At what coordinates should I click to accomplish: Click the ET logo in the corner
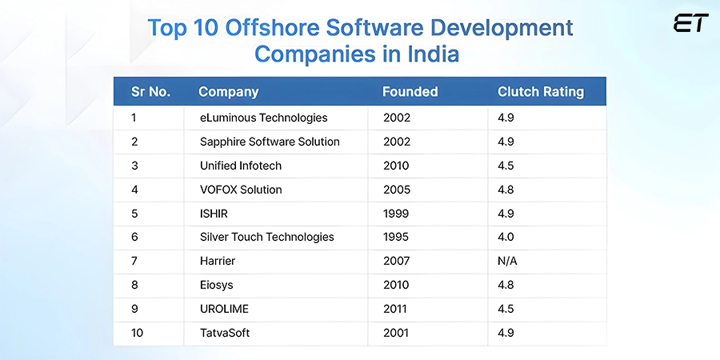point(690,23)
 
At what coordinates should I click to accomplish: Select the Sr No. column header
point(150,91)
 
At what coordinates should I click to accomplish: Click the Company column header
point(228,91)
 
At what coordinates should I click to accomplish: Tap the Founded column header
point(410,91)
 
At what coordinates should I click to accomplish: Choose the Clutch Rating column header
point(540,91)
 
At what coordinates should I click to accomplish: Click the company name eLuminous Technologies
point(263,118)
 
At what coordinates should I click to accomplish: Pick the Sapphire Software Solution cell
point(270,142)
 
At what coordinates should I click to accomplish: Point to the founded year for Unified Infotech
point(396,166)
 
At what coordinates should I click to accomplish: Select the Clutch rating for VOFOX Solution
point(506,190)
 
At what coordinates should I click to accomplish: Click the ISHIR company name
point(215,214)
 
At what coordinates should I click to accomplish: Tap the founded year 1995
point(396,237)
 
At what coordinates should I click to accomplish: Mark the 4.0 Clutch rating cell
point(506,237)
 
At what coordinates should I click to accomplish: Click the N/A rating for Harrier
point(508,261)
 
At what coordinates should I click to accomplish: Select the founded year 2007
point(396,261)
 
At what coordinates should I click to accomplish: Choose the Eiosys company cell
point(217,285)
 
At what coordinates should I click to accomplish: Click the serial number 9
point(135,309)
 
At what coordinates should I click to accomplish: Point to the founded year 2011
point(396,309)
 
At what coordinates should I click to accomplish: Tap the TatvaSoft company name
point(225,333)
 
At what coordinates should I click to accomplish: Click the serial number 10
point(138,333)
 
